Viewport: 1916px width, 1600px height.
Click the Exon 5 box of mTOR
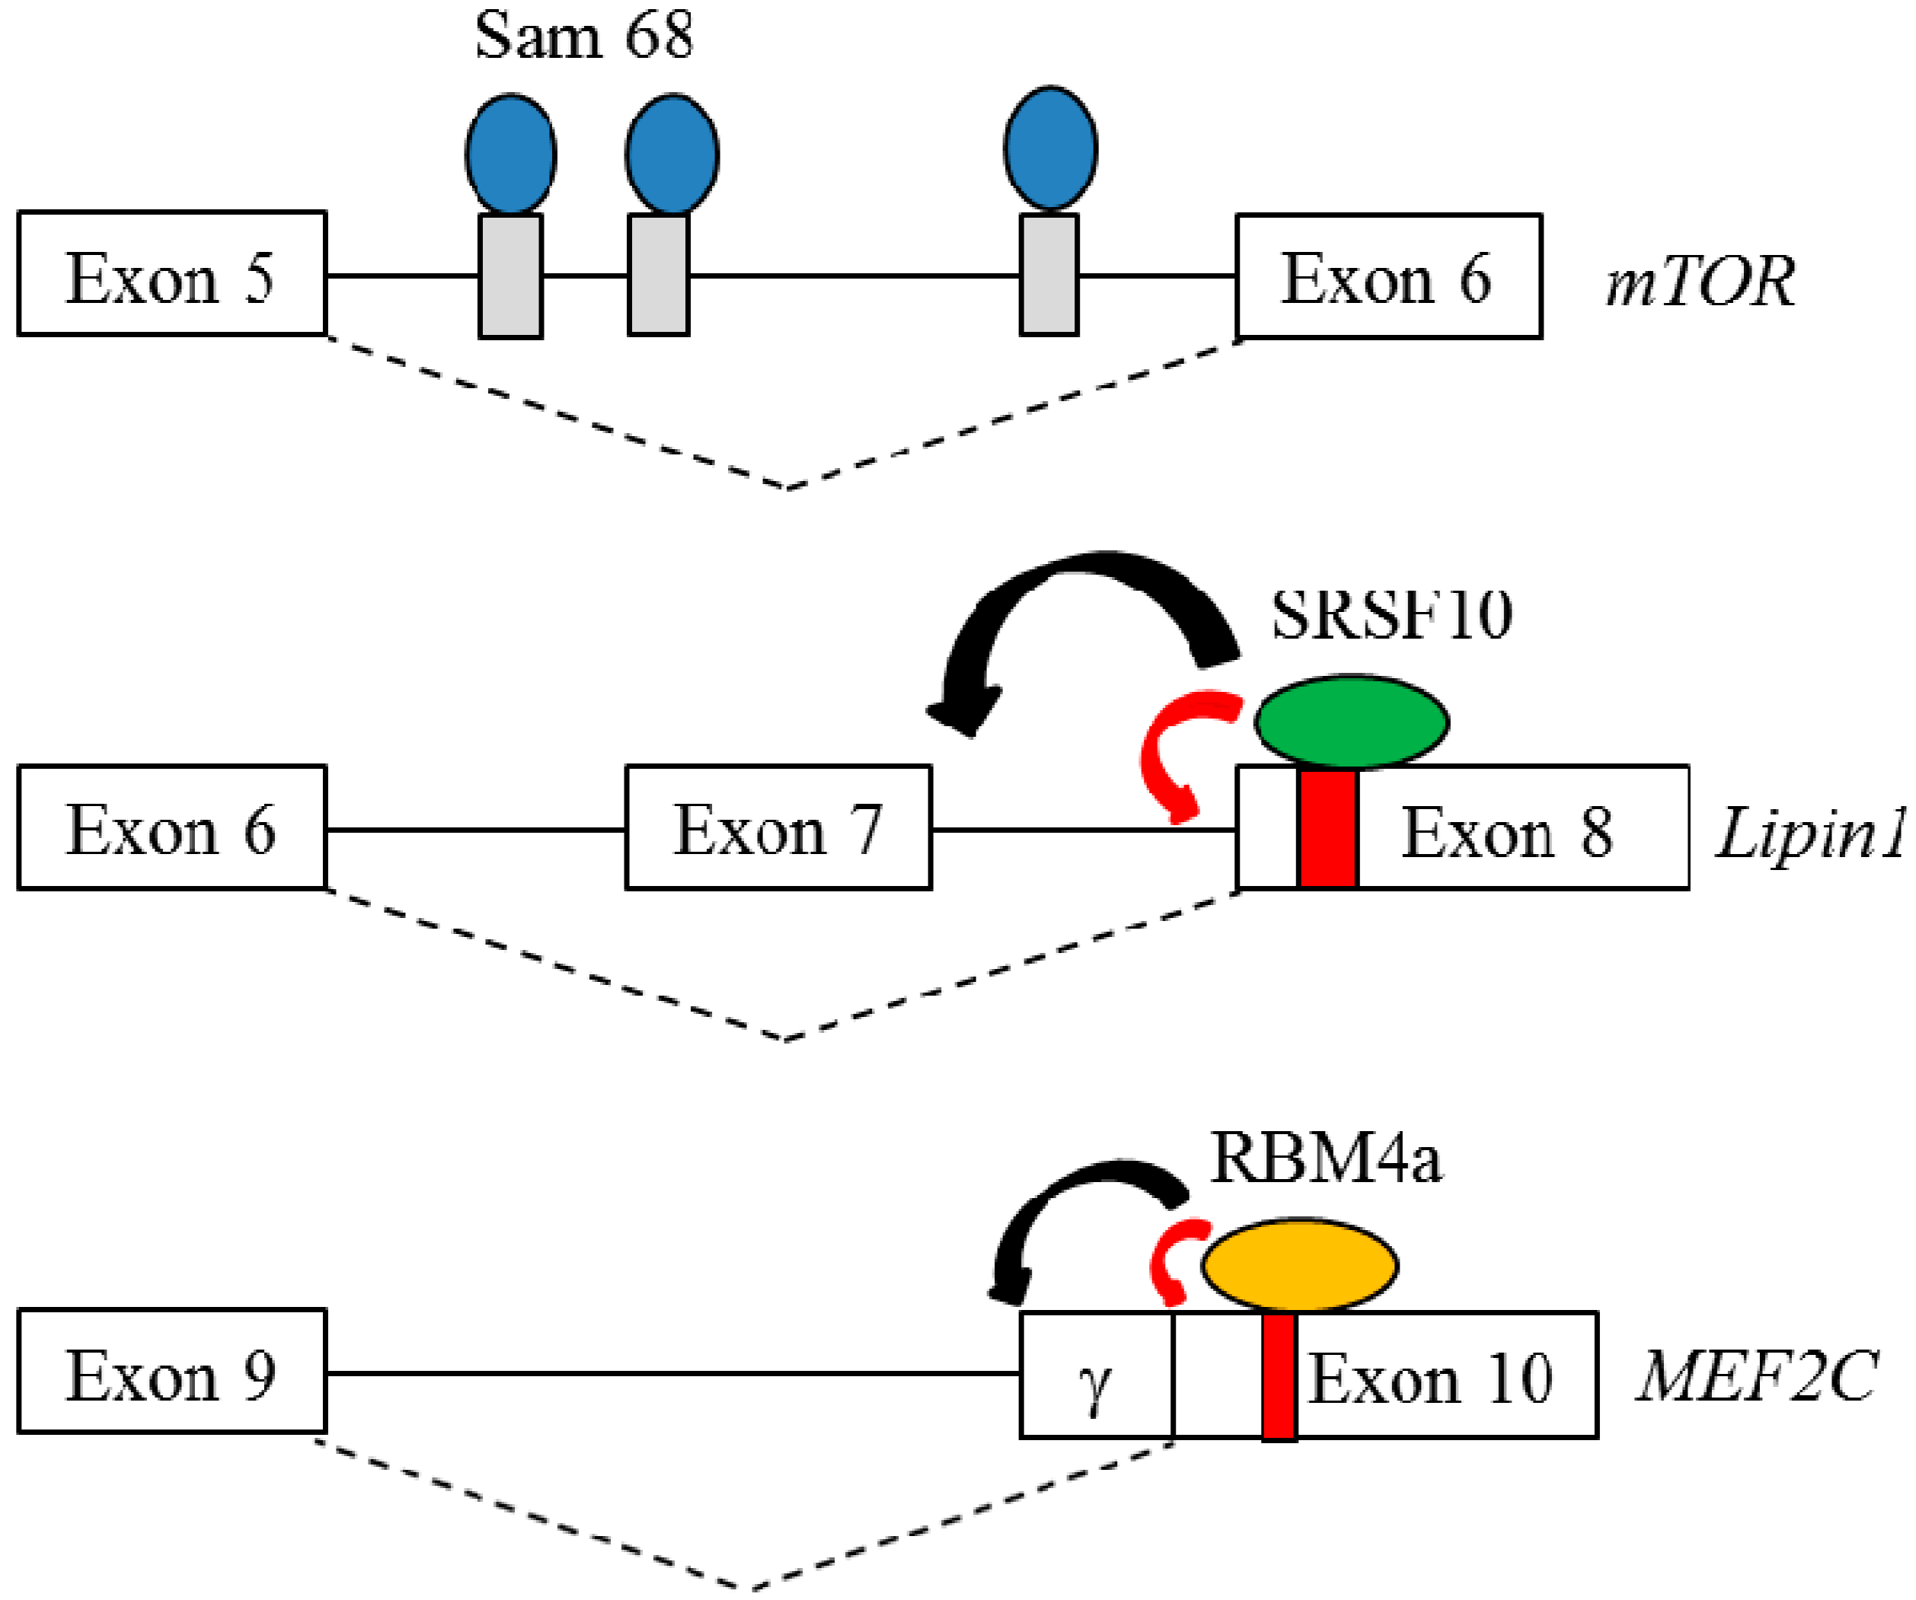(x=171, y=274)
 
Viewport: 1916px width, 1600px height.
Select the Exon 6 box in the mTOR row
(x=1389, y=276)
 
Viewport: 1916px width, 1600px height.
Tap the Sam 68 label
(x=584, y=37)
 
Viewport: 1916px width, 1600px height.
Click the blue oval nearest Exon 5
(x=511, y=153)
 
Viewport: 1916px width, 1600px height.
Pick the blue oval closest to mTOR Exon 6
(x=1050, y=148)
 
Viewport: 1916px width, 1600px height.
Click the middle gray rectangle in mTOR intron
(x=658, y=276)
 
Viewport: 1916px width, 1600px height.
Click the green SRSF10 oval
(x=1350, y=722)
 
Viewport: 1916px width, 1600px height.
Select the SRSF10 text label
(x=1392, y=616)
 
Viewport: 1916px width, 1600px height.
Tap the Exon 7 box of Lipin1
(x=778, y=827)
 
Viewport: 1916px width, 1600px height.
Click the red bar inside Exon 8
(x=1327, y=827)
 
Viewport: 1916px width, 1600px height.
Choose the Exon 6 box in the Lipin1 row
(x=171, y=827)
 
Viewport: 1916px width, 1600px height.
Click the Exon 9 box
(x=171, y=1371)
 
